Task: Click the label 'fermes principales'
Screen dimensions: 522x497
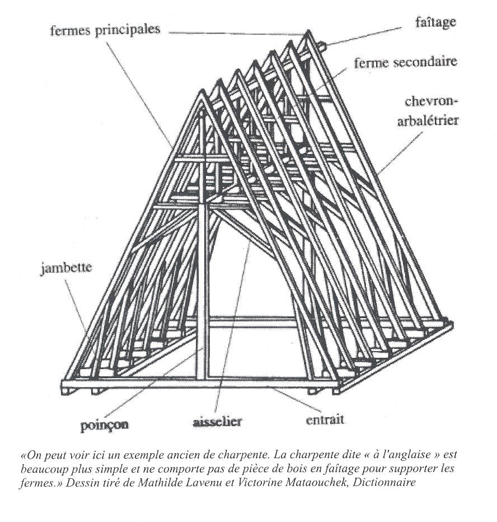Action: click(x=105, y=30)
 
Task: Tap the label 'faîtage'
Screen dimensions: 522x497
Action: click(x=435, y=22)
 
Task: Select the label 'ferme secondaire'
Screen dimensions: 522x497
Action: click(x=405, y=62)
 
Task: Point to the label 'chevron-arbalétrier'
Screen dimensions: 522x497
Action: click(x=427, y=111)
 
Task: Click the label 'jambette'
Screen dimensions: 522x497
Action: click(x=66, y=268)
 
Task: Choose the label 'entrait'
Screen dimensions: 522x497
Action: click(x=325, y=419)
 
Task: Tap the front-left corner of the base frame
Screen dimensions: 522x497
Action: click(x=63, y=386)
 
